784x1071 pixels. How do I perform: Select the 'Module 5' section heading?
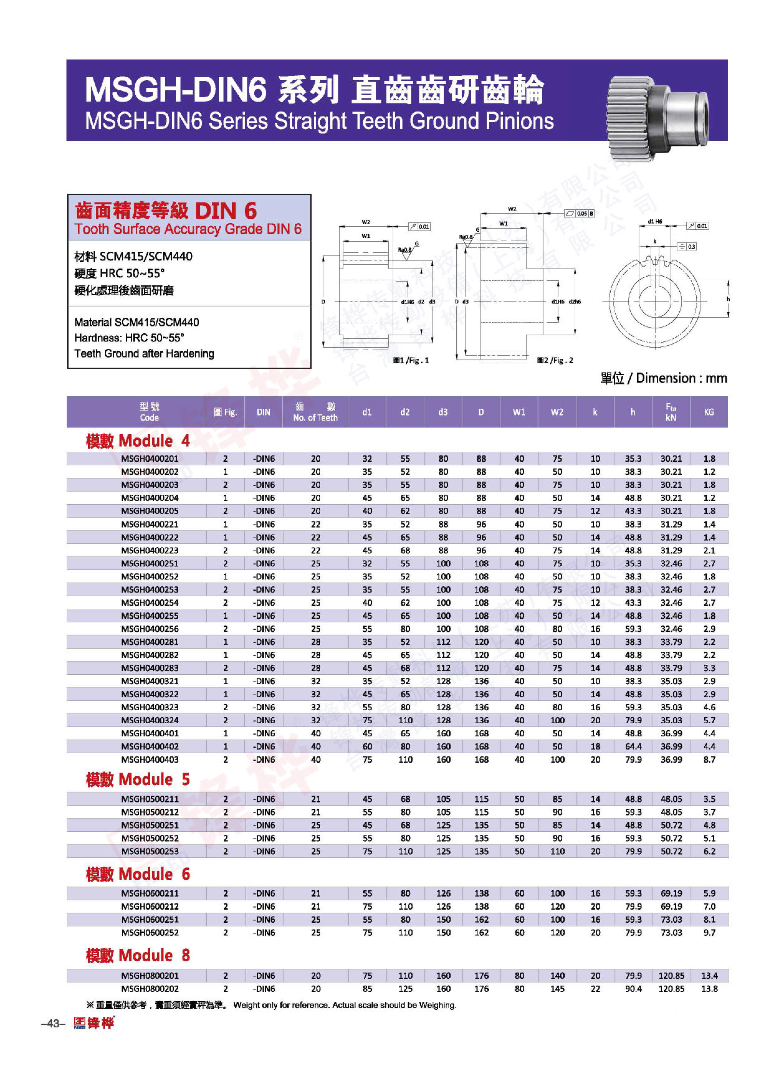(x=138, y=780)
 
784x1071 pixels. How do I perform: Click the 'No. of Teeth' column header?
(x=315, y=412)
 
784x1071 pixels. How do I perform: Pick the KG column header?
(x=709, y=412)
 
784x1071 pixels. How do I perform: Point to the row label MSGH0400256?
(x=150, y=629)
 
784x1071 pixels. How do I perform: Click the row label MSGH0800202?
(x=150, y=989)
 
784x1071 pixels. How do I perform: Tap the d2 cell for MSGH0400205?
(x=405, y=511)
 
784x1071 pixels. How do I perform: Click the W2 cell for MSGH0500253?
(x=557, y=851)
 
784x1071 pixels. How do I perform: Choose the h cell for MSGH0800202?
(x=633, y=989)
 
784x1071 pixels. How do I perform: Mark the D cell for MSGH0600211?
(x=481, y=893)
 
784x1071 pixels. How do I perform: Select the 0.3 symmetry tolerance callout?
(x=687, y=246)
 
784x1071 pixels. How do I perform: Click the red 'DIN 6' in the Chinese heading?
(x=226, y=211)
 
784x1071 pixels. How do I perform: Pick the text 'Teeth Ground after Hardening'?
(x=144, y=353)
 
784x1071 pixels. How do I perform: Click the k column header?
(x=595, y=412)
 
